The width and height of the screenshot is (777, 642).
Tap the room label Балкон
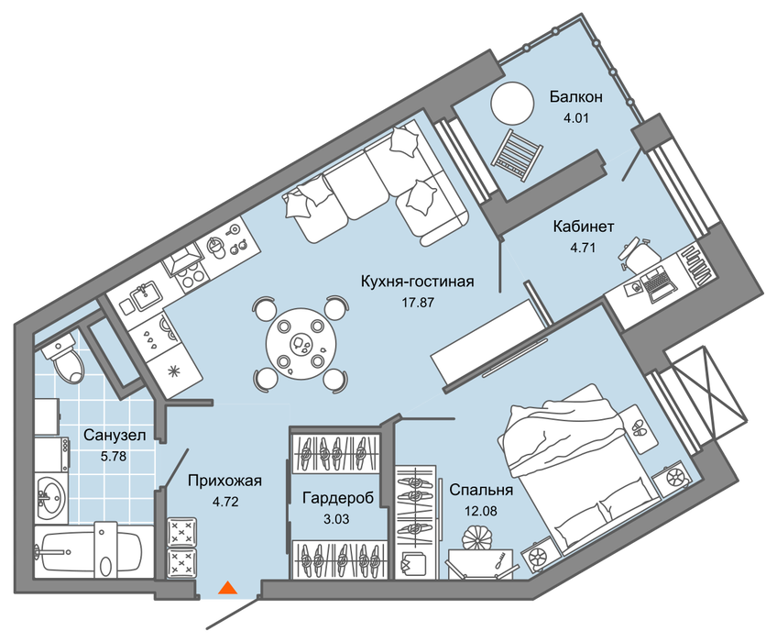575,96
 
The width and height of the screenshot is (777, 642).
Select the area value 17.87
418,302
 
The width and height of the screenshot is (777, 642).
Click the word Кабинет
584,227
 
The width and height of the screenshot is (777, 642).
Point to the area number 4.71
583,248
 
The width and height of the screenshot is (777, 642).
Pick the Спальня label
481,490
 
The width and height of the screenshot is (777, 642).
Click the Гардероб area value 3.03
336,519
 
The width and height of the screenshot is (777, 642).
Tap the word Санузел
115,435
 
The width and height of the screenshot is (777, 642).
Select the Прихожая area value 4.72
225,502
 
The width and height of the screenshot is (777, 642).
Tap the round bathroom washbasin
51,496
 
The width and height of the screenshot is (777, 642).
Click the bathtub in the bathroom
88,551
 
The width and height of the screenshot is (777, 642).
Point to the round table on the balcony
512,104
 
